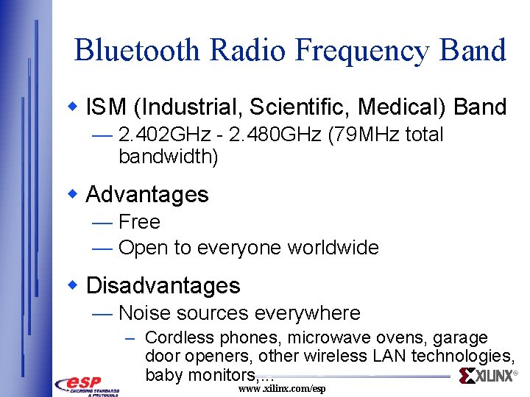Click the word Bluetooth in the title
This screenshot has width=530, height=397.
click(137, 50)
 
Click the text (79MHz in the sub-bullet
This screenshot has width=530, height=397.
click(350, 135)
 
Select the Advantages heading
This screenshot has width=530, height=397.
click(147, 194)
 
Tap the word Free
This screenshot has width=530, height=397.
click(139, 221)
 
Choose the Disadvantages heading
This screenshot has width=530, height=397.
click(163, 285)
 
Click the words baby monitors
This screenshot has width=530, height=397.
click(197, 375)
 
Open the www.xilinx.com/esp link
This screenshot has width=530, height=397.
click(282, 388)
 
